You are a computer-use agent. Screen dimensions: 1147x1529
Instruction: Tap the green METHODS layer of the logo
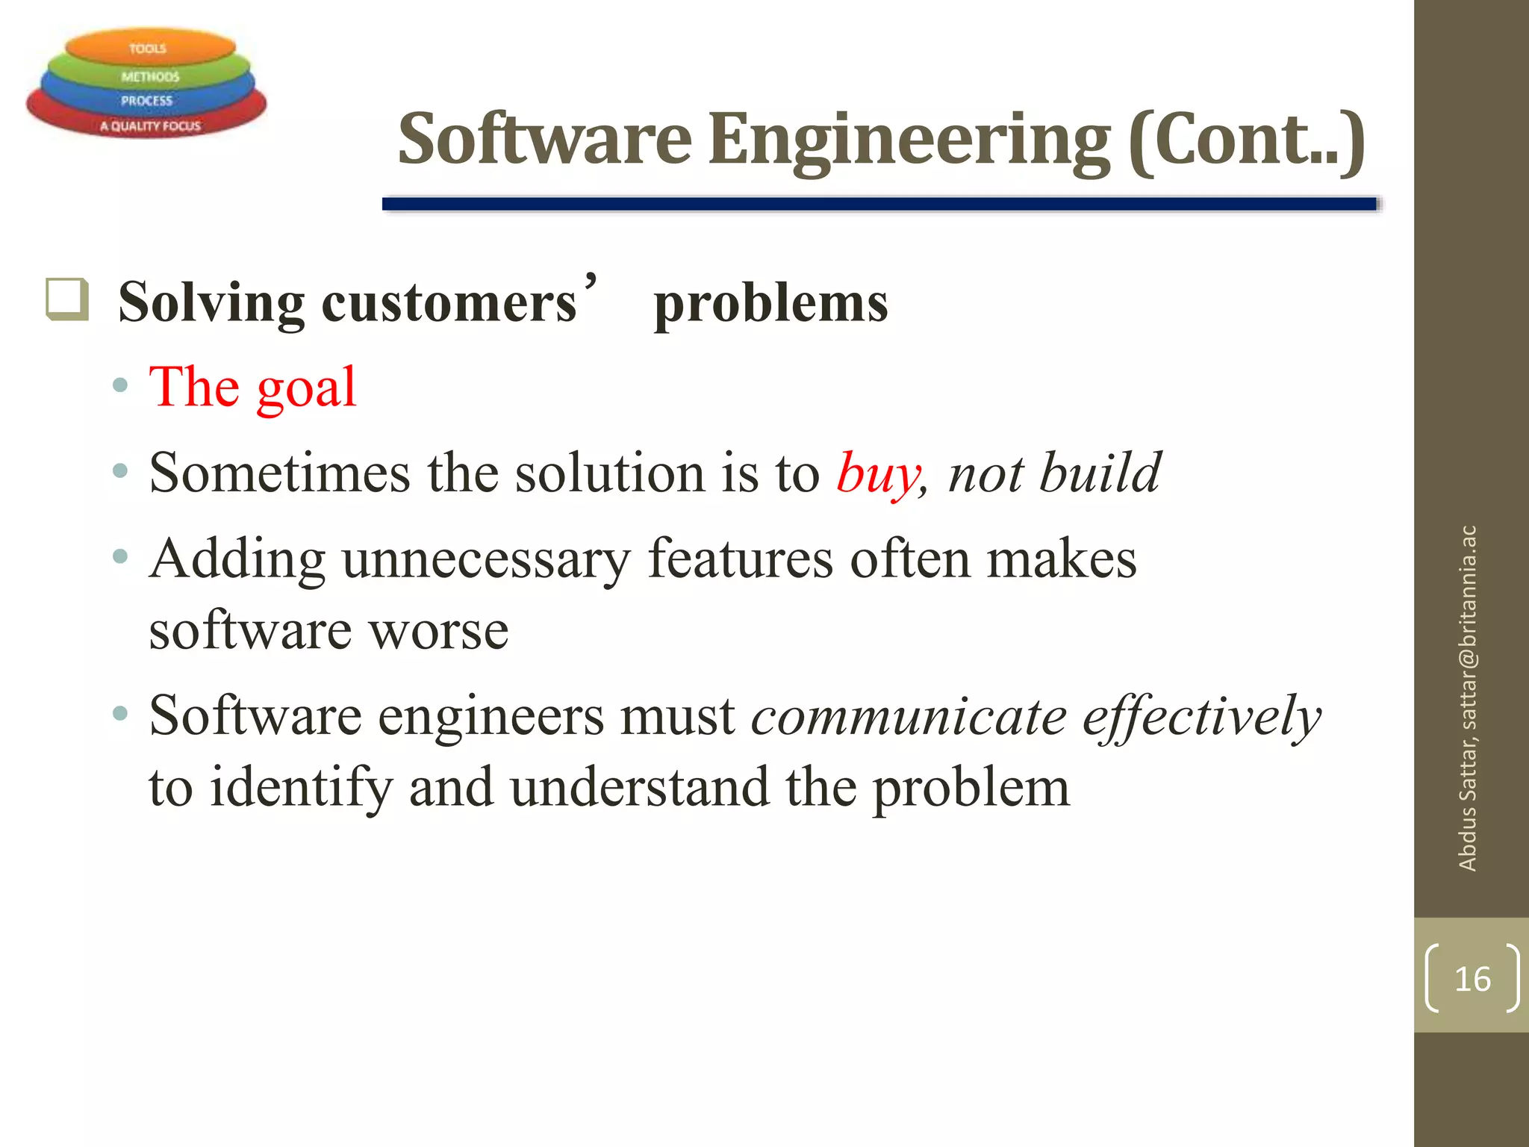pos(149,76)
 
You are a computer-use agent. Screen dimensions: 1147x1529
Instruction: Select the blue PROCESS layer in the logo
pos(146,100)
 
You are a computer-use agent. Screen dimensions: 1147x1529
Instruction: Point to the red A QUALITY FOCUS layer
pos(149,125)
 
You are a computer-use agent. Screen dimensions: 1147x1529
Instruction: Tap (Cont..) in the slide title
pos(1246,140)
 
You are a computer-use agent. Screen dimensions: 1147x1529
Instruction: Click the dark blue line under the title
pos(879,204)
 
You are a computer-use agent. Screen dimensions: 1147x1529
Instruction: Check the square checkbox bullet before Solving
pos(67,300)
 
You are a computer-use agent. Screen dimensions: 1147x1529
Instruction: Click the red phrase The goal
pos(252,388)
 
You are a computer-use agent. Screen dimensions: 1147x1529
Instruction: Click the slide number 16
pos(1472,979)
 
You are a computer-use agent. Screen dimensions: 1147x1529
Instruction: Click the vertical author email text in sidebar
pos(1467,698)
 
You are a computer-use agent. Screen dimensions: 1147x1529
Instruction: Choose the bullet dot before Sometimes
pos(120,471)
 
